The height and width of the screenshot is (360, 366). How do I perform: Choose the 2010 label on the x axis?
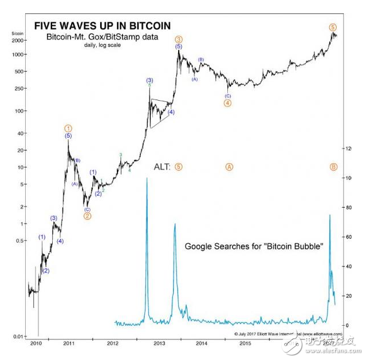pyautogui.click(x=36, y=343)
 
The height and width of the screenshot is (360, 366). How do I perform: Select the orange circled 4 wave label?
pyautogui.click(x=227, y=103)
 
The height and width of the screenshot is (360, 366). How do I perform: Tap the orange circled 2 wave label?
pyautogui.click(x=87, y=216)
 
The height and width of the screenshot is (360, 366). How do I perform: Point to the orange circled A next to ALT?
pyautogui.click(x=229, y=167)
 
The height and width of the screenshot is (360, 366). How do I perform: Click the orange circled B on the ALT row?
pyautogui.click(x=333, y=167)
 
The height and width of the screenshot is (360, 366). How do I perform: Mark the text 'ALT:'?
pyautogui.click(x=162, y=167)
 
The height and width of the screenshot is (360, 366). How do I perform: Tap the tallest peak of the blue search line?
pyautogui.click(x=147, y=179)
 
